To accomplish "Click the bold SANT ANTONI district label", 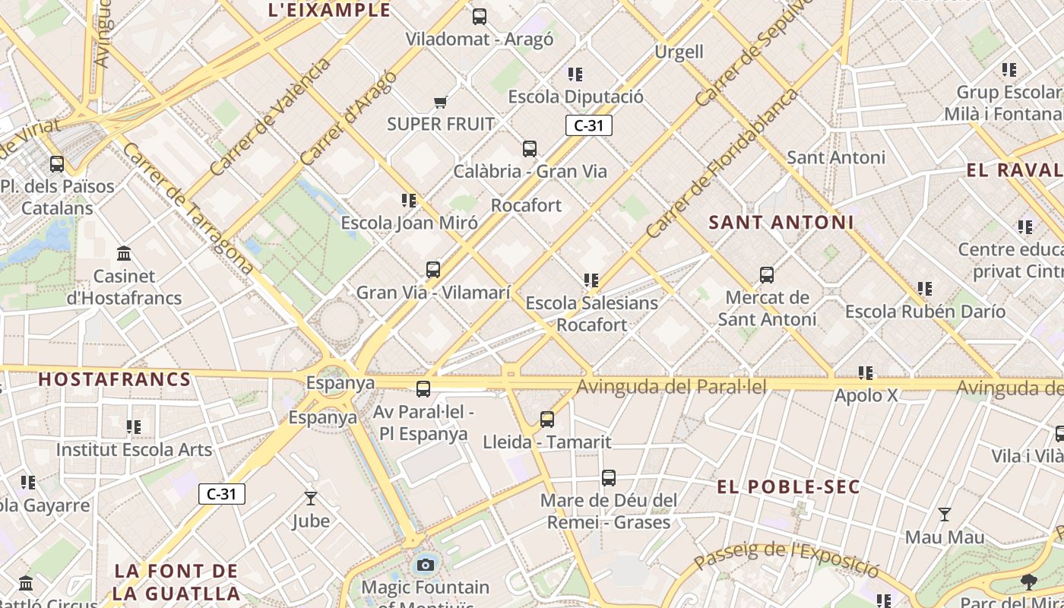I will [781, 223].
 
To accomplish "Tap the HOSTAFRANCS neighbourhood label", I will [115, 379].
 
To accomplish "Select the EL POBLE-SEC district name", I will [789, 486].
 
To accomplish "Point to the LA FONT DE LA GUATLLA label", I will [177, 582].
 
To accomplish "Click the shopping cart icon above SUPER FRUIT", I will [440, 102].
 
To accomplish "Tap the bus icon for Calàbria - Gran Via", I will [530, 149].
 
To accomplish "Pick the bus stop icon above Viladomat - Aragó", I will [480, 17].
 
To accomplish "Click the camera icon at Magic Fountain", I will [426, 565].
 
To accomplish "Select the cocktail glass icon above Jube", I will [311, 499].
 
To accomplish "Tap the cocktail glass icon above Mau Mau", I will [944, 515].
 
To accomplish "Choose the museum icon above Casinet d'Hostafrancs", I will [124, 253].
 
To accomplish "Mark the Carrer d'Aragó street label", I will [348, 118].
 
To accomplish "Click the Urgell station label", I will [679, 52].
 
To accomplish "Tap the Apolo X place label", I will [866, 395].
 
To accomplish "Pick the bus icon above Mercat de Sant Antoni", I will [767, 275].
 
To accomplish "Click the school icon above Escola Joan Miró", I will [409, 201].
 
